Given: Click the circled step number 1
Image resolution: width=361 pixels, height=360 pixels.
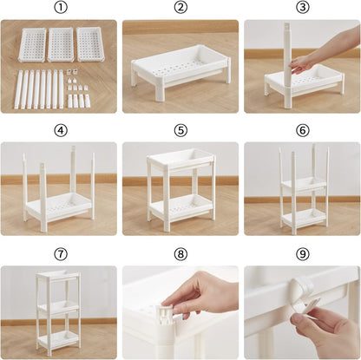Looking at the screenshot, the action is click(x=61, y=8).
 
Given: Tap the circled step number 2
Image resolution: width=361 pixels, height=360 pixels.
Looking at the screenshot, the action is click(x=180, y=8).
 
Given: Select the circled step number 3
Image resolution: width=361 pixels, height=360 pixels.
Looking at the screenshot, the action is click(x=303, y=8).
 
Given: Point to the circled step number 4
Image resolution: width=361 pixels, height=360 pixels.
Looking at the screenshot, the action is click(x=61, y=131).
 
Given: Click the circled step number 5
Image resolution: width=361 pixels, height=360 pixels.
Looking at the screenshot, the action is click(x=180, y=131).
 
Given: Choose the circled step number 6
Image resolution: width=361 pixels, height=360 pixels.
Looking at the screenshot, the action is click(x=303, y=131).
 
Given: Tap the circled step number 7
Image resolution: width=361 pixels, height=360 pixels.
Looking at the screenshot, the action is click(x=61, y=254).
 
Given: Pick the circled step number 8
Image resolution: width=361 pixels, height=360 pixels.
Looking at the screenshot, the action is click(x=180, y=254).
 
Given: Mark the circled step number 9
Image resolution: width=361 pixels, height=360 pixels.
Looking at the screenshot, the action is click(x=303, y=254).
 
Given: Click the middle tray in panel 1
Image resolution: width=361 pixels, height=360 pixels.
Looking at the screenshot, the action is click(x=61, y=44).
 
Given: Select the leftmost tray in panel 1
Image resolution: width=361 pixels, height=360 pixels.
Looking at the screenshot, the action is click(x=32, y=44).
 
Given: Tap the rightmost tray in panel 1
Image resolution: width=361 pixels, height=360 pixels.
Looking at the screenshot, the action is click(x=89, y=44).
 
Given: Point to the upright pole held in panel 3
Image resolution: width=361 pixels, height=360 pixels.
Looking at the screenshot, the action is click(x=287, y=66).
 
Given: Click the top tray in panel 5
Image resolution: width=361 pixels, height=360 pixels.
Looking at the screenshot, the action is click(x=181, y=160).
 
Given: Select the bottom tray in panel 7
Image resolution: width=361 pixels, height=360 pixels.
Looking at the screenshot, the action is click(x=59, y=339).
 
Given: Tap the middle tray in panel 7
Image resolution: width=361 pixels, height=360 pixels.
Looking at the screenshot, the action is click(x=59, y=307).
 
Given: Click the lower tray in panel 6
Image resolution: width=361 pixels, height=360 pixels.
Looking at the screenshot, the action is click(x=305, y=218).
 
